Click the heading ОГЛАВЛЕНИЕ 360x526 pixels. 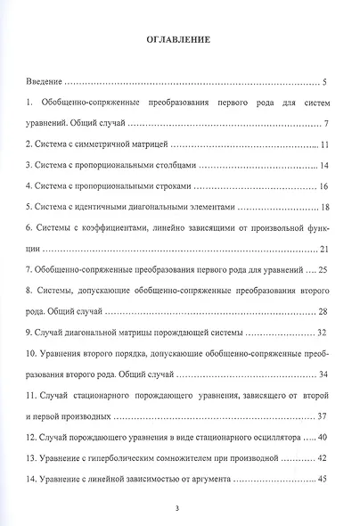point(179,40)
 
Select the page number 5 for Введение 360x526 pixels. point(327,80)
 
